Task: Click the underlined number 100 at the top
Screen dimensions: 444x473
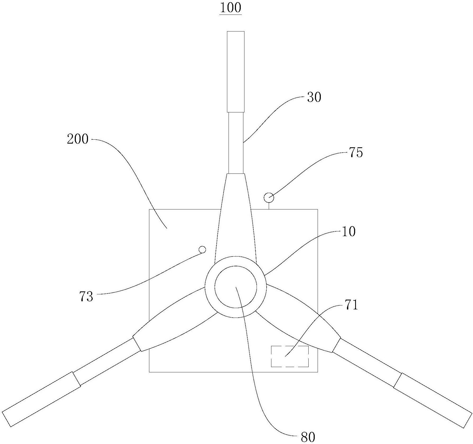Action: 230,8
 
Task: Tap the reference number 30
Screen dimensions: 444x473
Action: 314,97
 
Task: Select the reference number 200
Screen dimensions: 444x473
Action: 77,139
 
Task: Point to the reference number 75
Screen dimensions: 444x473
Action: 356,153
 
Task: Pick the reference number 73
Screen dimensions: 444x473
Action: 86,296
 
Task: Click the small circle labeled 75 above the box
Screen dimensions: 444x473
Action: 269,197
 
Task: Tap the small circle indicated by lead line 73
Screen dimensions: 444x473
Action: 202,249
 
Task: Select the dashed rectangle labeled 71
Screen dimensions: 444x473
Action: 290,356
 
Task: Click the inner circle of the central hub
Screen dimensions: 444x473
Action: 235,287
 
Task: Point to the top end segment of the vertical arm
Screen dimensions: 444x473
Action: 236,71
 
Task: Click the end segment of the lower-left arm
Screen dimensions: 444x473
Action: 41,404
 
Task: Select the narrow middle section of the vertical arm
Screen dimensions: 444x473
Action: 236,143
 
